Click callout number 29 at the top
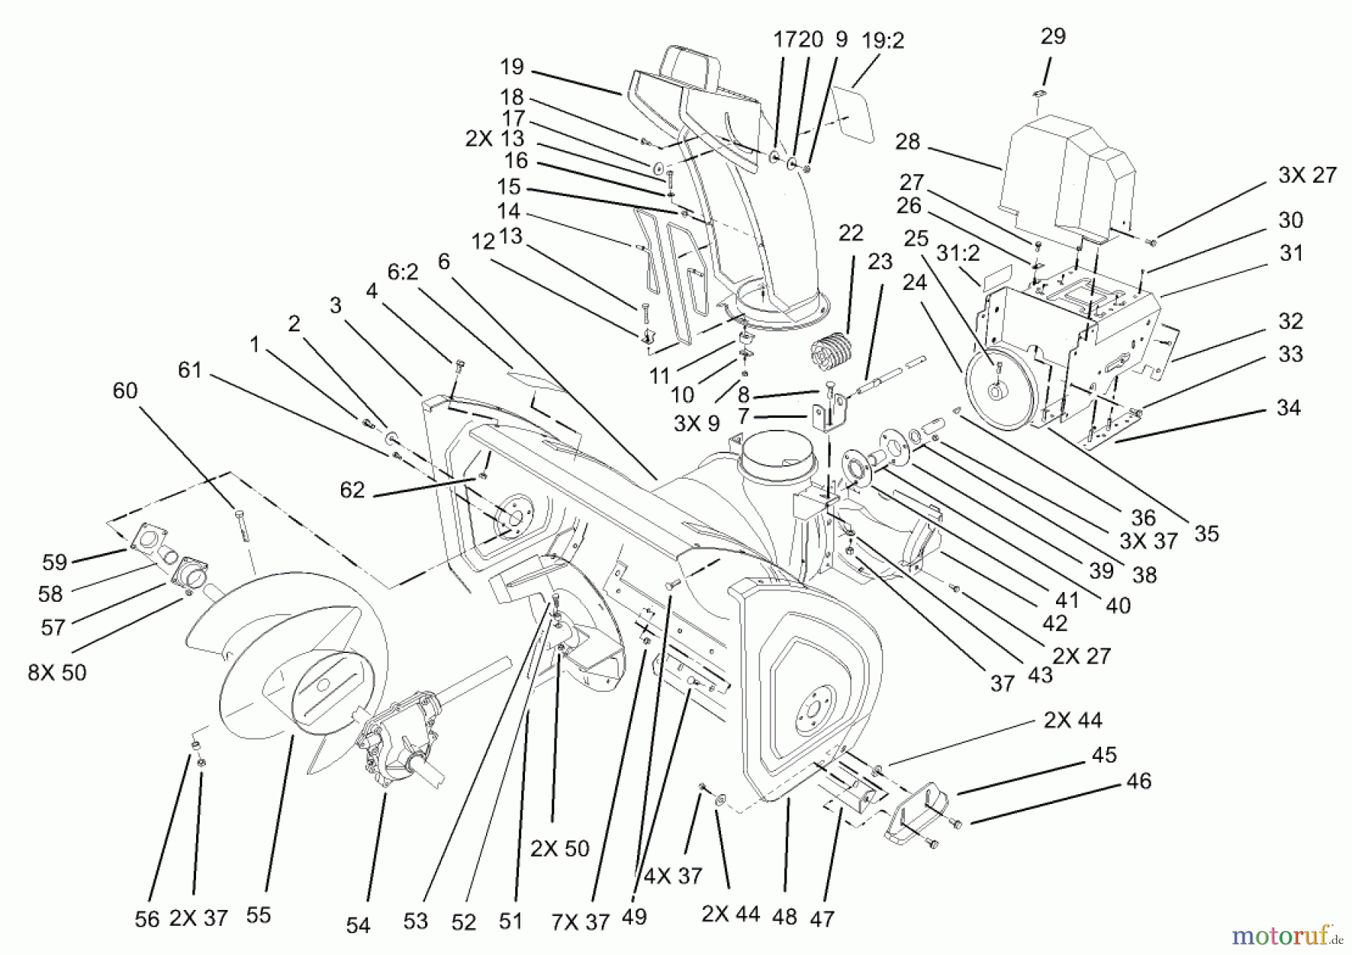click(1053, 36)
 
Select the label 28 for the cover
click(907, 141)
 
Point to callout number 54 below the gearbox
click(358, 925)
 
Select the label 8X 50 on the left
click(57, 672)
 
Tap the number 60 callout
click(125, 391)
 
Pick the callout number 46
click(1139, 781)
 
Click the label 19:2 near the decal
click(883, 41)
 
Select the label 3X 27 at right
click(1308, 175)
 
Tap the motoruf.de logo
click(1286, 935)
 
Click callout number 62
click(352, 490)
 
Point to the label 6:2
click(403, 272)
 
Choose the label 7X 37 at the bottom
click(581, 922)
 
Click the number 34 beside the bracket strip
click(1288, 408)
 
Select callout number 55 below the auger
click(258, 915)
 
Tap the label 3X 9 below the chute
click(696, 423)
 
